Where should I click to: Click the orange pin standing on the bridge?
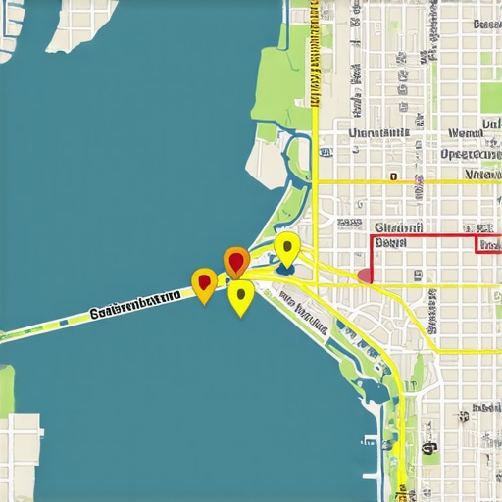tap(204, 284)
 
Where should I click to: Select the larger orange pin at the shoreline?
tap(235, 262)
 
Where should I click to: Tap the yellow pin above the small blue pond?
tap(286, 247)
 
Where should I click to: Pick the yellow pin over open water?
tap(240, 297)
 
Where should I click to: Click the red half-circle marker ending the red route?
tap(366, 276)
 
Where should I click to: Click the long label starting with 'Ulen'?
tap(377, 133)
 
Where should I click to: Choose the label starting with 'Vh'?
tap(482, 175)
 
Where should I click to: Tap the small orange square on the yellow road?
tap(392, 178)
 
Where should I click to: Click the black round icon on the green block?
tap(428, 449)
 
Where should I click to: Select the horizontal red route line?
tap(422, 236)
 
